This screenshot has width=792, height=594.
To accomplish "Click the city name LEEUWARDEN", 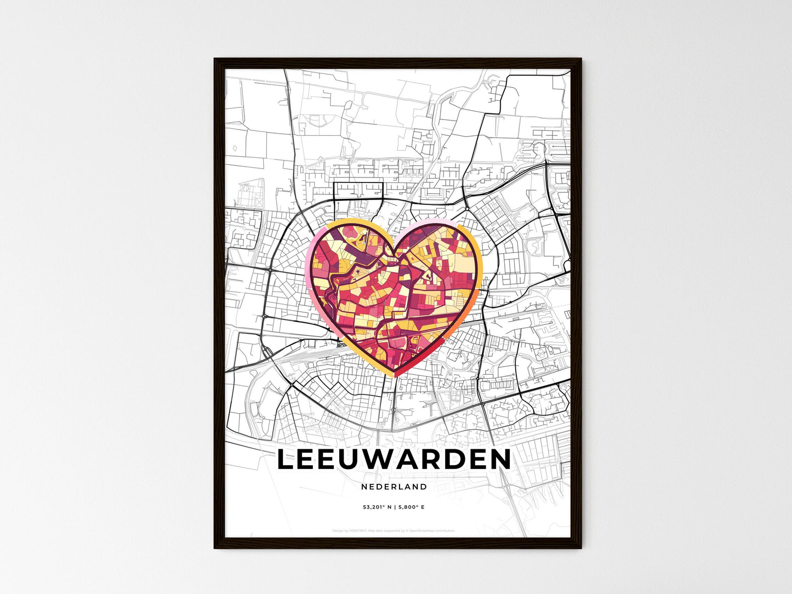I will [x=394, y=460].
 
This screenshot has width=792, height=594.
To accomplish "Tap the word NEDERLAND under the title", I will [x=394, y=487].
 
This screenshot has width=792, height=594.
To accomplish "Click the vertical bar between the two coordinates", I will [x=394, y=507].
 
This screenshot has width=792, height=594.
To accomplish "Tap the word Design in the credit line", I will [x=338, y=530].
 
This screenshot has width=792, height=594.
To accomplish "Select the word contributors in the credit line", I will [x=444, y=530].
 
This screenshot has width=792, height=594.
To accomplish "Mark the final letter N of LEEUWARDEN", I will [x=500, y=460].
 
